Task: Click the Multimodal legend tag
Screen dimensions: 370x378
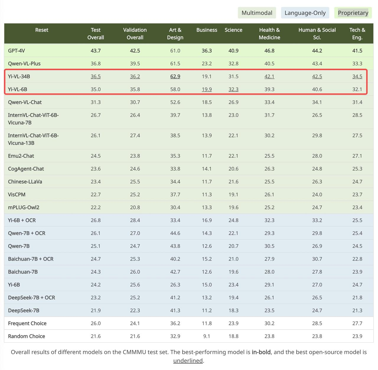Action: point(257,13)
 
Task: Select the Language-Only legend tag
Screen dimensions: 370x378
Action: point(305,13)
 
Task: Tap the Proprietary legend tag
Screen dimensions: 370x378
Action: point(353,13)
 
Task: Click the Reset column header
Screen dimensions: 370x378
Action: point(42,30)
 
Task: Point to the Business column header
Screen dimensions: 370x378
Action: point(207,30)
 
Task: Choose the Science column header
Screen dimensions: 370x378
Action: point(233,30)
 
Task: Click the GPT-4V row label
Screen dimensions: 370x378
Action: point(17,51)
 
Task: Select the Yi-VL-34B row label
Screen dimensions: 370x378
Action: point(19,76)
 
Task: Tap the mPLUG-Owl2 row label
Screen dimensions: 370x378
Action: point(24,207)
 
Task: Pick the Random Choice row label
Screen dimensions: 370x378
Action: point(27,336)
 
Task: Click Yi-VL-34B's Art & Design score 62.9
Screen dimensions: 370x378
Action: point(175,76)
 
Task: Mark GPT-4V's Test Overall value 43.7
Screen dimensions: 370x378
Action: point(96,51)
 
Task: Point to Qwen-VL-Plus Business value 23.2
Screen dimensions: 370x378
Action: point(207,63)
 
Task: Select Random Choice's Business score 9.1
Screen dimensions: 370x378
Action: point(207,336)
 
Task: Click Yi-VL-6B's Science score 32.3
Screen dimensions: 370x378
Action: point(233,89)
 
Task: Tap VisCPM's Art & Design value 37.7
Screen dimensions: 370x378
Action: point(175,194)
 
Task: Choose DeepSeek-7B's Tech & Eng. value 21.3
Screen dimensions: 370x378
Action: point(357,310)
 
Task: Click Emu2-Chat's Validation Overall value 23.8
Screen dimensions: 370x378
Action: point(135,156)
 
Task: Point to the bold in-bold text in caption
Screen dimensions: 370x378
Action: point(261,352)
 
